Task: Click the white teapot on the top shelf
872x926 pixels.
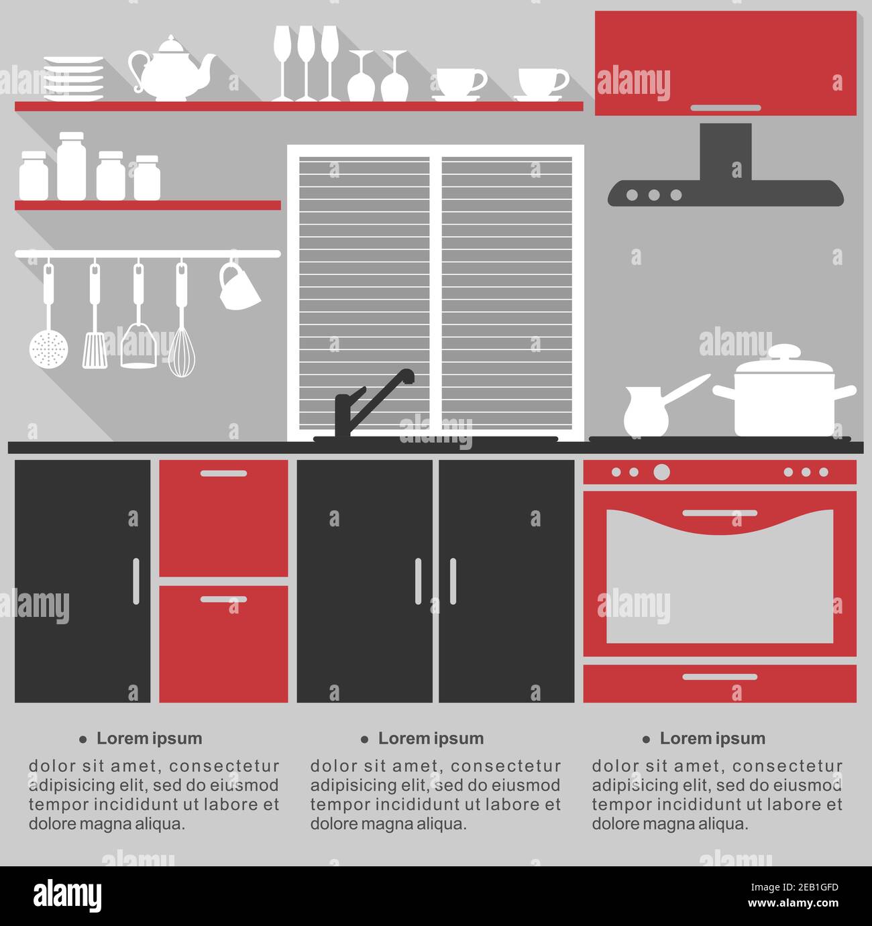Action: pyautogui.click(x=172, y=69)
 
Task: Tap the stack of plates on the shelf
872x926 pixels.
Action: pyautogui.click(x=74, y=78)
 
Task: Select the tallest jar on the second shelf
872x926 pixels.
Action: pyautogui.click(x=72, y=166)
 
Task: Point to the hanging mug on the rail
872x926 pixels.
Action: pyautogui.click(x=238, y=286)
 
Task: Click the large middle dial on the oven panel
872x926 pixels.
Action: pyautogui.click(x=661, y=472)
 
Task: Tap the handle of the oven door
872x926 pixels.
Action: pyautogui.click(x=720, y=513)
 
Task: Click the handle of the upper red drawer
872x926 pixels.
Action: pyautogui.click(x=223, y=473)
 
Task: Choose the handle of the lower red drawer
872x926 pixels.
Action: pyautogui.click(x=223, y=599)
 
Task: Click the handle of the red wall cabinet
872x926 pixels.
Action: pyautogui.click(x=726, y=108)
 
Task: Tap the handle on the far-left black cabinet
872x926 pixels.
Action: pyautogui.click(x=136, y=581)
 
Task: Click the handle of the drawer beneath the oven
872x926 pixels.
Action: pyautogui.click(x=720, y=677)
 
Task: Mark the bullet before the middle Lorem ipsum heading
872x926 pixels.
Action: pyautogui.click(x=365, y=739)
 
